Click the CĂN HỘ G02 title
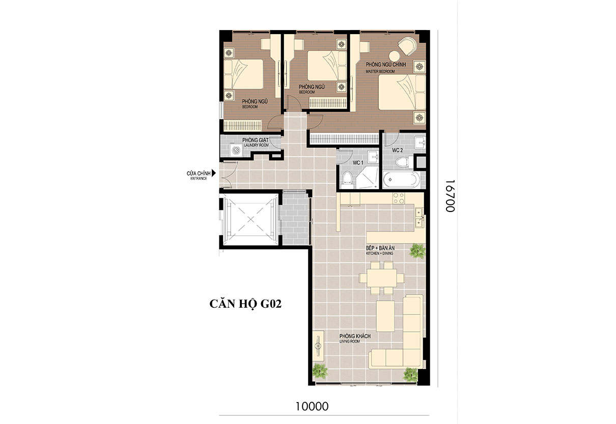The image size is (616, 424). pyautogui.click(x=245, y=304)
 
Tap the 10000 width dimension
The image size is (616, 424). pyautogui.click(x=312, y=406)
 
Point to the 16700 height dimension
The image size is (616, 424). pyautogui.click(x=450, y=196)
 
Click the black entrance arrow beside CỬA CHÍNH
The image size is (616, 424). pyautogui.click(x=214, y=173)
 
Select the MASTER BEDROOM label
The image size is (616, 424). pyautogui.click(x=380, y=71)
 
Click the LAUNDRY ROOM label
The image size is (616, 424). pyautogui.click(x=256, y=145)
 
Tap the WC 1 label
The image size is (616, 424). pyautogui.click(x=358, y=163)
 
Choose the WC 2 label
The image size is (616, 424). pyautogui.click(x=398, y=150)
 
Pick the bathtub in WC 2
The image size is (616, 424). pyautogui.click(x=402, y=180)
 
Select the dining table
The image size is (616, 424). pyautogui.click(x=382, y=278)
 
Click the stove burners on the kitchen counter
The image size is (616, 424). pyautogui.click(x=399, y=198)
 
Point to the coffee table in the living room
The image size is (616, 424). pyautogui.click(x=385, y=316)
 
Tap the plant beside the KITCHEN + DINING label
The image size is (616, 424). pyautogui.click(x=417, y=251)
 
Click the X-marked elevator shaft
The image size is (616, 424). pyautogui.click(x=251, y=220)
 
